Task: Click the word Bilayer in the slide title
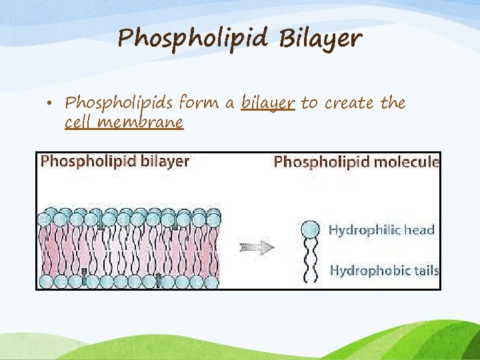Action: (320, 39)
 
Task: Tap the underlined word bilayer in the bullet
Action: (267, 103)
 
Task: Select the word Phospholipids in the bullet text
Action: (117, 104)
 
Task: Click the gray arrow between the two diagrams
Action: (257, 248)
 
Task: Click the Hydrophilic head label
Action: (381, 231)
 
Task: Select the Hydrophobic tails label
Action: (384, 270)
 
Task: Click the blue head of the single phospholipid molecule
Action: (310, 230)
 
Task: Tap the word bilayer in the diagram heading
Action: (166, 161)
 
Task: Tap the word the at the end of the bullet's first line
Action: (393, 103)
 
